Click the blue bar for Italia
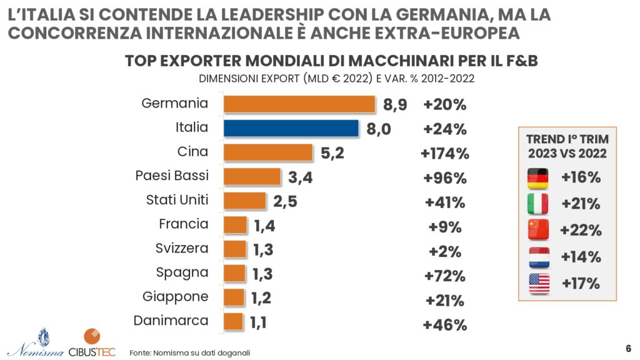tap(291, 128)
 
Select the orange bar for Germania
tap(299, 104)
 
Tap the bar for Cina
tap(268, 152)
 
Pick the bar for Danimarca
tap(233, 322)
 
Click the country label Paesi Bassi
tap(172, 176)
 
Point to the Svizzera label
tap(182, 249)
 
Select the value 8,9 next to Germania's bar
tap(395, 105)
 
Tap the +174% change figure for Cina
tap(445, 153)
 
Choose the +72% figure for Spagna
tap(445, 276)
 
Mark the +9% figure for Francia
tap(445, 227)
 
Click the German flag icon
tap(538, 178)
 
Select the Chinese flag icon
tap(538, 230)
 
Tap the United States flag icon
tap(538, 283)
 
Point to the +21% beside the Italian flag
tap(581, 204)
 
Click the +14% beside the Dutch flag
tap(581, 257)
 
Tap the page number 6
tap(628, 348)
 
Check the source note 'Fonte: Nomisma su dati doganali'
tap(190, 353)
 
